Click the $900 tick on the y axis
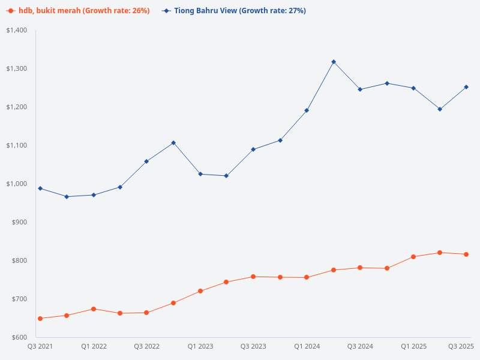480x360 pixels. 20,222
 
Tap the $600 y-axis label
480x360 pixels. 20,337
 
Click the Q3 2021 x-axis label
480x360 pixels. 40,346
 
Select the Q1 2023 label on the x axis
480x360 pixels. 200,346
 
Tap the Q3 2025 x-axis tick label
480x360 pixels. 461,346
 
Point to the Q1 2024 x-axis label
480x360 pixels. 307,346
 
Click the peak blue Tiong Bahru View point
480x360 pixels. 334,62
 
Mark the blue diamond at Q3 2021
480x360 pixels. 40,188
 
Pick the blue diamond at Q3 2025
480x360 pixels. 466,87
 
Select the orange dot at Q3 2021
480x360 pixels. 40,319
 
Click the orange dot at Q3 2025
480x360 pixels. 466,254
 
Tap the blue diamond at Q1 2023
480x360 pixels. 200,174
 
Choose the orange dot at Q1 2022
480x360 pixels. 94,309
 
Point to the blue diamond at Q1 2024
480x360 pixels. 307,110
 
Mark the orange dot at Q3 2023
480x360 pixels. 253,277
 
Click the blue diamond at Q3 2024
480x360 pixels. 360,89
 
